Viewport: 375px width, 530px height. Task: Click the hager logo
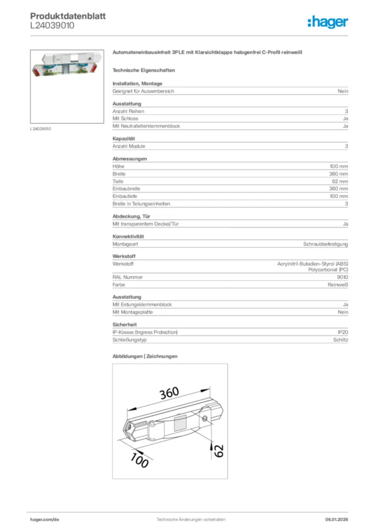[x=327, y=22]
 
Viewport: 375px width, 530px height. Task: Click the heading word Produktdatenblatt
[x=68, y=16]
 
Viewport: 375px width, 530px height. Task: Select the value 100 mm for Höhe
[x=339, y=167]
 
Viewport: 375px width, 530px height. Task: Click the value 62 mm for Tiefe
[x=340, y=182]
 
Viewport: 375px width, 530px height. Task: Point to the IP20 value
[x=342, y=332]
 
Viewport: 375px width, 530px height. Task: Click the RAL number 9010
[x=342, y=277]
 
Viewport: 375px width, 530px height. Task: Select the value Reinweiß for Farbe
[x=337, y=285]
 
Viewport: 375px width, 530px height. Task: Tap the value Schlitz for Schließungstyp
[x=340, y=340]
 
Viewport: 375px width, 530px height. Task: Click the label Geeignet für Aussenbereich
[x=143, y=91]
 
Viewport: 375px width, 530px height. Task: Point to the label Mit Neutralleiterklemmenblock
[x=146, y=126]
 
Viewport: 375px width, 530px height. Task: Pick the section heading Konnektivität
[x=128, y=237]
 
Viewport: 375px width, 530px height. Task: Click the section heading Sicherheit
[x=124, y=325]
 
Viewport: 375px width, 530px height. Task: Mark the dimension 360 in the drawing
[x=169, y=394]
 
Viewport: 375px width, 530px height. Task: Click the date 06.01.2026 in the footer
[x=336, y=519]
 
